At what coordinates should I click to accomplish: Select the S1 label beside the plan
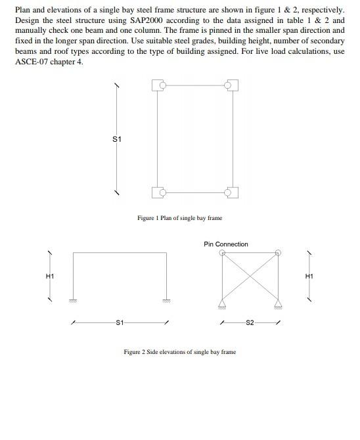117,139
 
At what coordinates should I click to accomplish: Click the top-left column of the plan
158,85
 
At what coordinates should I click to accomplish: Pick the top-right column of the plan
231,85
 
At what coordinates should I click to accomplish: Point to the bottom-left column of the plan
158,192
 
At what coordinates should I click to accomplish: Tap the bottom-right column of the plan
231,192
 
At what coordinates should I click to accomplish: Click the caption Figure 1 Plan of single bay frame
179,218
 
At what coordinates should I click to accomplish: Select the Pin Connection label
226,244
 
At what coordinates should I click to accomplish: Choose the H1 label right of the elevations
309,276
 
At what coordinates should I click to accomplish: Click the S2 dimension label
250,322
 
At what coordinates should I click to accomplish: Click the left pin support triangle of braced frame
222,303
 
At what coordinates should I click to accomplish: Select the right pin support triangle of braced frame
279,303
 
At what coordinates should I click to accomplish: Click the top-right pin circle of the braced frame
279,252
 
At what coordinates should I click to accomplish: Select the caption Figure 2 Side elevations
179,352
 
